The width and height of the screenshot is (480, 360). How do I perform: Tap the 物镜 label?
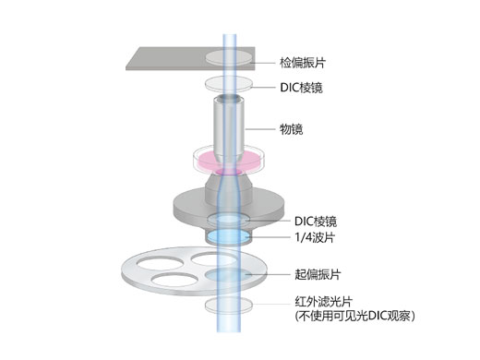click(x=292, y=127)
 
